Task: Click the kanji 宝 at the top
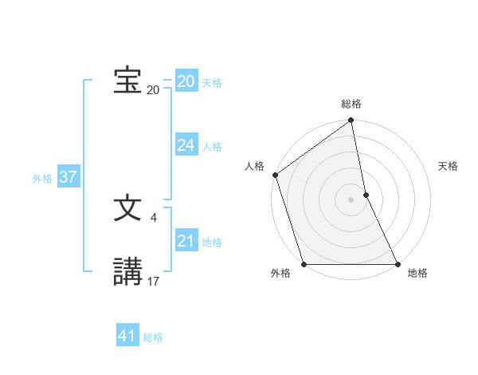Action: point(127,81)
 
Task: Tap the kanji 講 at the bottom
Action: point(127,272)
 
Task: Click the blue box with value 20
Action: point(186,81)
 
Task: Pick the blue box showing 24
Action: point(186,144)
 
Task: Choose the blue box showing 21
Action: point(186,241)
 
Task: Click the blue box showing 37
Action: point(68,176)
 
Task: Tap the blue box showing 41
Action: point(127,336)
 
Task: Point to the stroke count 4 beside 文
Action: point(153,217)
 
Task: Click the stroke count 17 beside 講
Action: point(154,281)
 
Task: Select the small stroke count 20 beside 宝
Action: point(153,89)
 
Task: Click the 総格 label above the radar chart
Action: point(351,104)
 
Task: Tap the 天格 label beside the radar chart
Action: point(449,166)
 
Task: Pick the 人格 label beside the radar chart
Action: point(254,166)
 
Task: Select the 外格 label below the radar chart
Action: point(280,274)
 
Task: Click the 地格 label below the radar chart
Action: point(417,274)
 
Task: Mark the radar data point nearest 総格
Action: point(351,121)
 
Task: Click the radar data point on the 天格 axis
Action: point(366,195)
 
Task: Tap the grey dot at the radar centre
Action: point(351,199)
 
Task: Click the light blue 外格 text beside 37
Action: point(42,179)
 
